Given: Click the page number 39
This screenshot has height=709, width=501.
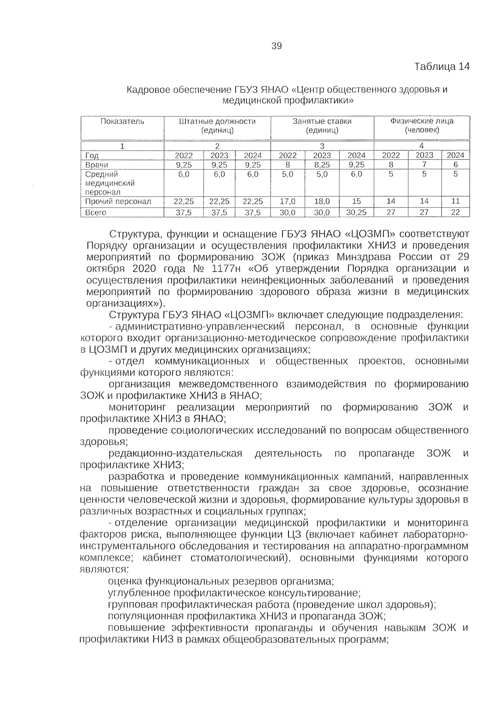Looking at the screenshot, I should (276, 46).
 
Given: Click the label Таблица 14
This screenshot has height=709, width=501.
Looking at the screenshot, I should (442, 66).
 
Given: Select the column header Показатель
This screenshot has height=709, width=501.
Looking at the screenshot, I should (122, 122).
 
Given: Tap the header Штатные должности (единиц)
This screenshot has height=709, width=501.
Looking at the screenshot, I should (217, 126).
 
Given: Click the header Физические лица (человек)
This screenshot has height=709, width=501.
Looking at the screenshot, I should (422, 126).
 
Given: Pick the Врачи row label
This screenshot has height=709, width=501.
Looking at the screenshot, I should (96, 165).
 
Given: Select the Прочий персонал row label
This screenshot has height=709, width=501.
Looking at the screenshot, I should (118, 202).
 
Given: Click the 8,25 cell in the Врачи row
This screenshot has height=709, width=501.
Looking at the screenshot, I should (322, 165).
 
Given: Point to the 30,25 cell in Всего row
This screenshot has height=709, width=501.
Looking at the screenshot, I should (356, 213).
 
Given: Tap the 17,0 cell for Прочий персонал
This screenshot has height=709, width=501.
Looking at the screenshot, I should (287, 202).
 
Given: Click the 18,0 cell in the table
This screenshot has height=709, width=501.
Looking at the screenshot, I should (322, 202).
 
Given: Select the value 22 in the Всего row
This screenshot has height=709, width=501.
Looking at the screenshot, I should (455, 213).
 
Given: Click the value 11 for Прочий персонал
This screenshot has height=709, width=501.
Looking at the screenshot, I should (455, 202).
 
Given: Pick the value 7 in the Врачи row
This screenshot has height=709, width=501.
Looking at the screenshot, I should (424, 165).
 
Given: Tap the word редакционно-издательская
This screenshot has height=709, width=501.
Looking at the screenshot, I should (175, 453).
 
